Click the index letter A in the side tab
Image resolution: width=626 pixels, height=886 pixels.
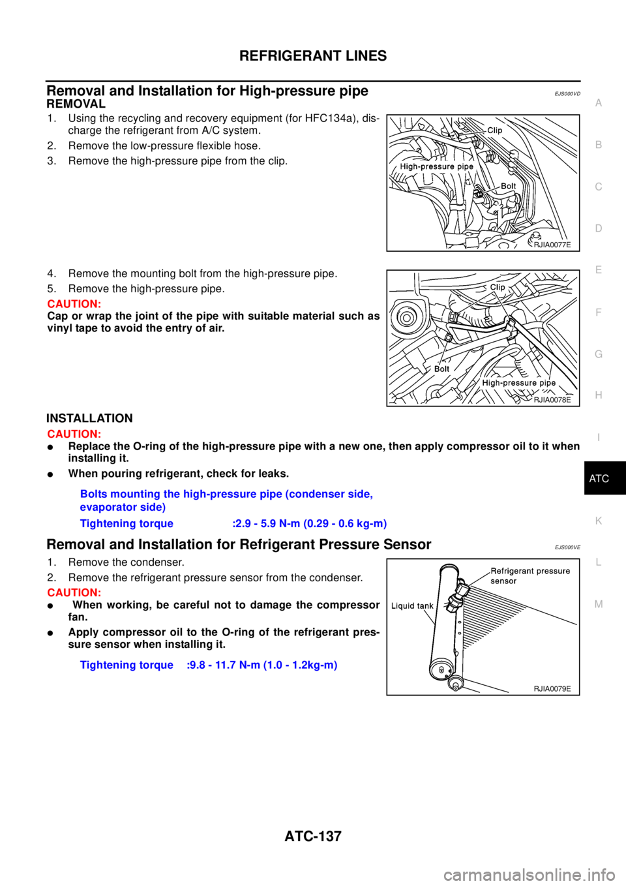pyautogui.click(x=598, y=103)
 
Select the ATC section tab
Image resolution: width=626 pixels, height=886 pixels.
pyautogui.click(x=599, y=479)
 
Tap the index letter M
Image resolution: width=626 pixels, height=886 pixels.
pyautogui.click(x=598, y=604)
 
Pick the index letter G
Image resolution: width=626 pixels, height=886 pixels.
pyautogui.click(x=598, y=354)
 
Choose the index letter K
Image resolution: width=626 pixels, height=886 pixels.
pyautogui.click(x=598, y=521)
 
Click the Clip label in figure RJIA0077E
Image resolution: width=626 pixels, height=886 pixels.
pyautogui.click(x=495, y=130)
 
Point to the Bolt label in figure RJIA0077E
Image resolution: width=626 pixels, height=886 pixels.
pyautogui.click(x=508, y=186)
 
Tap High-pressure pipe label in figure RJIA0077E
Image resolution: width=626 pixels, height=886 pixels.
pyautogui.click(x=436, y=167)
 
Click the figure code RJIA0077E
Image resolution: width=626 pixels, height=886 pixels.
pyautogui.click(x=552, y=245)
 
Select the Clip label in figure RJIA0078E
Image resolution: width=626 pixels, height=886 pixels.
pyautogui.click(x=498, y=287)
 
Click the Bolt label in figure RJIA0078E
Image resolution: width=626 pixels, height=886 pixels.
pyautogui.click(x=441, y=369)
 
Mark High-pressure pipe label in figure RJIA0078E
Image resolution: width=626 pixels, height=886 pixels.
pyautogui.click(x=518, y=383)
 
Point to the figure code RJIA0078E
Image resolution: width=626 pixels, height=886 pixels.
pyautogui.click(x=552, y=400)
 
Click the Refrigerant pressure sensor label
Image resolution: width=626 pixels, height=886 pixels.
pyautogui.click(x=529, y=575)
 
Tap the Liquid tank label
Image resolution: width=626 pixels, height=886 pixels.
pyautogui.click(x=412, y=606)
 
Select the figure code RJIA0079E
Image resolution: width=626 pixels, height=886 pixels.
pyautogui.click(x=552, y=689)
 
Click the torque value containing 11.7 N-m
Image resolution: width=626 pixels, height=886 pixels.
pyautogui.click(x=262, y=665)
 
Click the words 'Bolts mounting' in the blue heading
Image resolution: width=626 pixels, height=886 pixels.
pyautogui.click(x=111, y=494)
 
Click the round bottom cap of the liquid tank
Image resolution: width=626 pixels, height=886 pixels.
pyautogui.click(x=454, y=683)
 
